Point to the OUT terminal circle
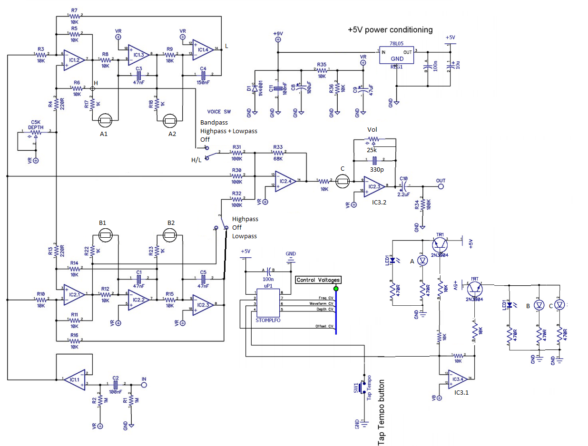click(441, 186)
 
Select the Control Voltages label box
click(318, 280)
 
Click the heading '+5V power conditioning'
click(390, 29)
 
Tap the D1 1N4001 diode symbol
click(255, 88)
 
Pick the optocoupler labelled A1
click(104, 121)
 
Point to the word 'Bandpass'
click(214, 122)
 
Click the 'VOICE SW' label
click(219, 112)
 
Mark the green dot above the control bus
click(336, 289)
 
